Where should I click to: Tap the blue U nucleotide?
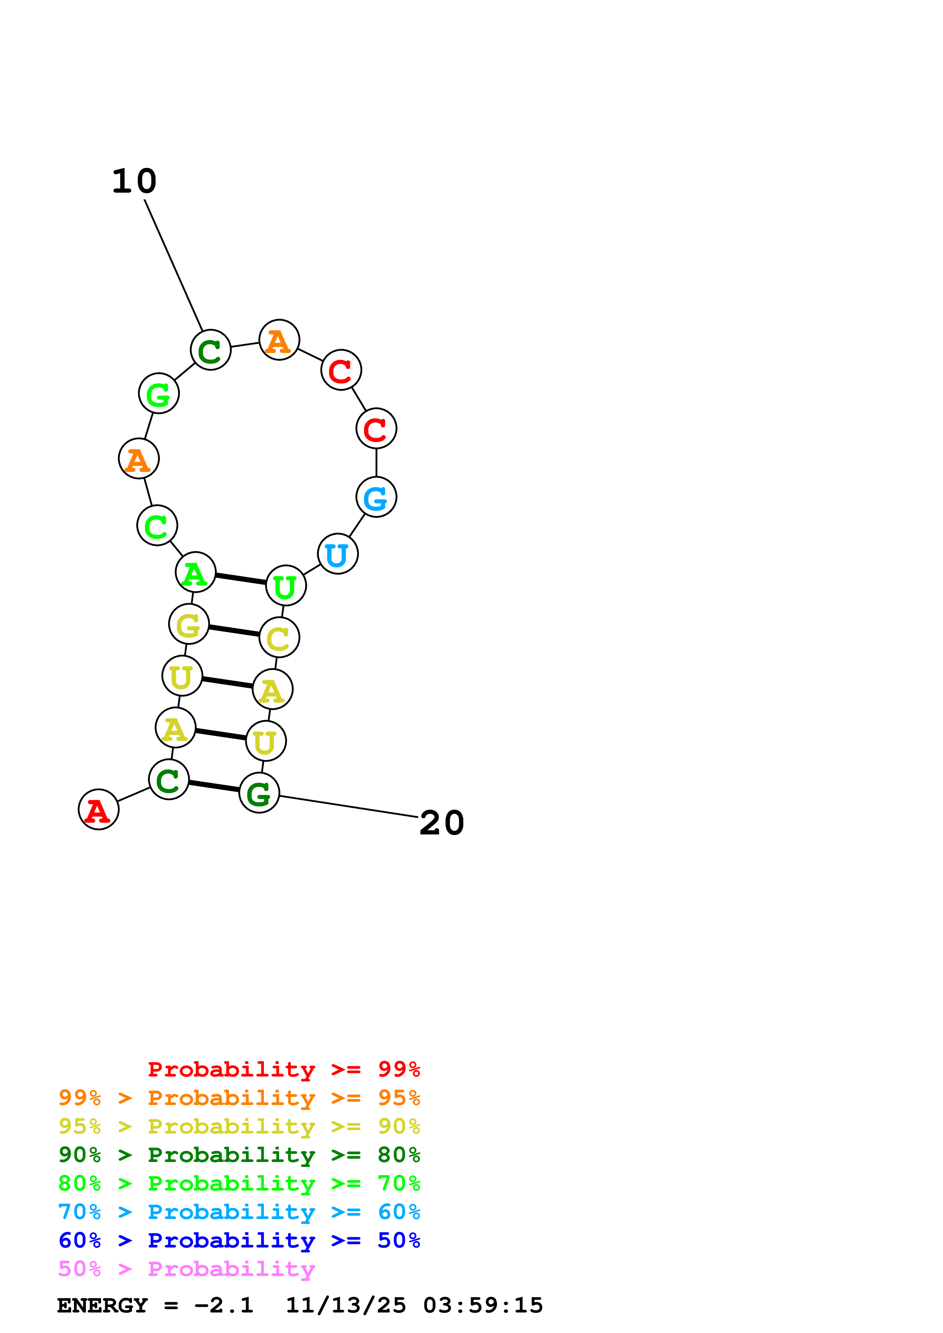[337, 554]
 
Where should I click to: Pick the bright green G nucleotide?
[159, 394]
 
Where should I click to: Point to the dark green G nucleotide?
[259, 793]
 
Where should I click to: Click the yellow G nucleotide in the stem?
[189, 624]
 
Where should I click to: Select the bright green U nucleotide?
[286, 586]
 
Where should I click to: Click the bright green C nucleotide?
[157, 526]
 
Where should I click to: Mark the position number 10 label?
[134, 181]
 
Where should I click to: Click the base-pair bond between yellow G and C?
[234, 631]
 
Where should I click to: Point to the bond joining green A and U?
[240, 579]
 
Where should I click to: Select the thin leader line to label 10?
[173, 265]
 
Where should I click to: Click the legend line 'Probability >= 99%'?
[283, 1069]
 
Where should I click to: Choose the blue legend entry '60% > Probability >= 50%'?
[239, 1240]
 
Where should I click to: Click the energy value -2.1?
[224, 1305]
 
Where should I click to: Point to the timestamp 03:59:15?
[483, 1305]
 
